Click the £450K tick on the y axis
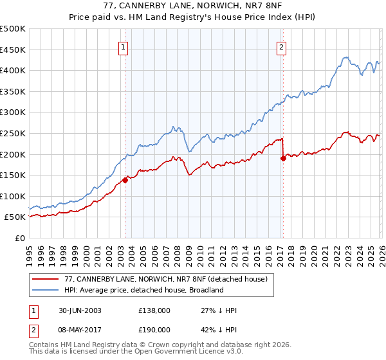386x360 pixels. click(x=13, y=50)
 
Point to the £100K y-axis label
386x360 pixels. click(x=13, y=196)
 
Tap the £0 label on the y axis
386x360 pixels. click(x=20, y=239)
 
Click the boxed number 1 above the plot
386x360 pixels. click(x=123, y=46)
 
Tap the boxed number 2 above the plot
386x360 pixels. click(x=282, y=46)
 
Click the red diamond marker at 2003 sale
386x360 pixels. click(x=125, y=180)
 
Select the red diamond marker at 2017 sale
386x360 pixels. click(x=283, y=158)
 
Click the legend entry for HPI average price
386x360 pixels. click(x=143, y=290)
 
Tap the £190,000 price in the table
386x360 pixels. click(x=154, y=328)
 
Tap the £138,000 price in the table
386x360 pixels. click(x=154, y=310)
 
